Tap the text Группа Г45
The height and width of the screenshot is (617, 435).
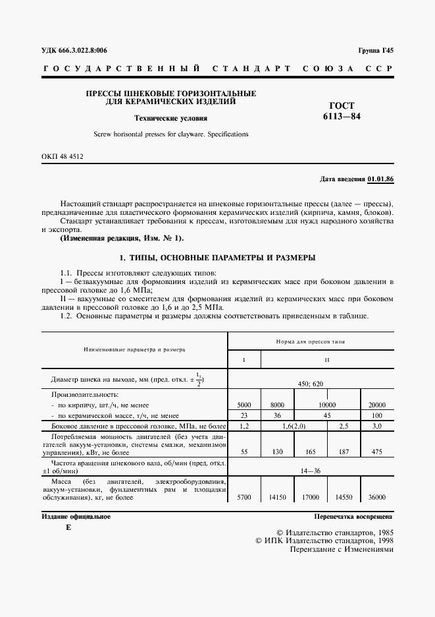(376, 51)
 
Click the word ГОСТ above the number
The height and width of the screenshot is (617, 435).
(342, 105)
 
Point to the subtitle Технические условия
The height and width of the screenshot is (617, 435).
(170, 119)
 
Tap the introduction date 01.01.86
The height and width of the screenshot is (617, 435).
(381, 179)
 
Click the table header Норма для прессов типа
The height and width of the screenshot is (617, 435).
(311, 343)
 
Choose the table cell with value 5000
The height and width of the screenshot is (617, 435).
(244, 405)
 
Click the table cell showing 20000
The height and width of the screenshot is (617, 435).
(377, 405)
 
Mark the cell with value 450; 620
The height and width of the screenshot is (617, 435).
(311, 383)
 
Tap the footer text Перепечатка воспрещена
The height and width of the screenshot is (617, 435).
(353, 517)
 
